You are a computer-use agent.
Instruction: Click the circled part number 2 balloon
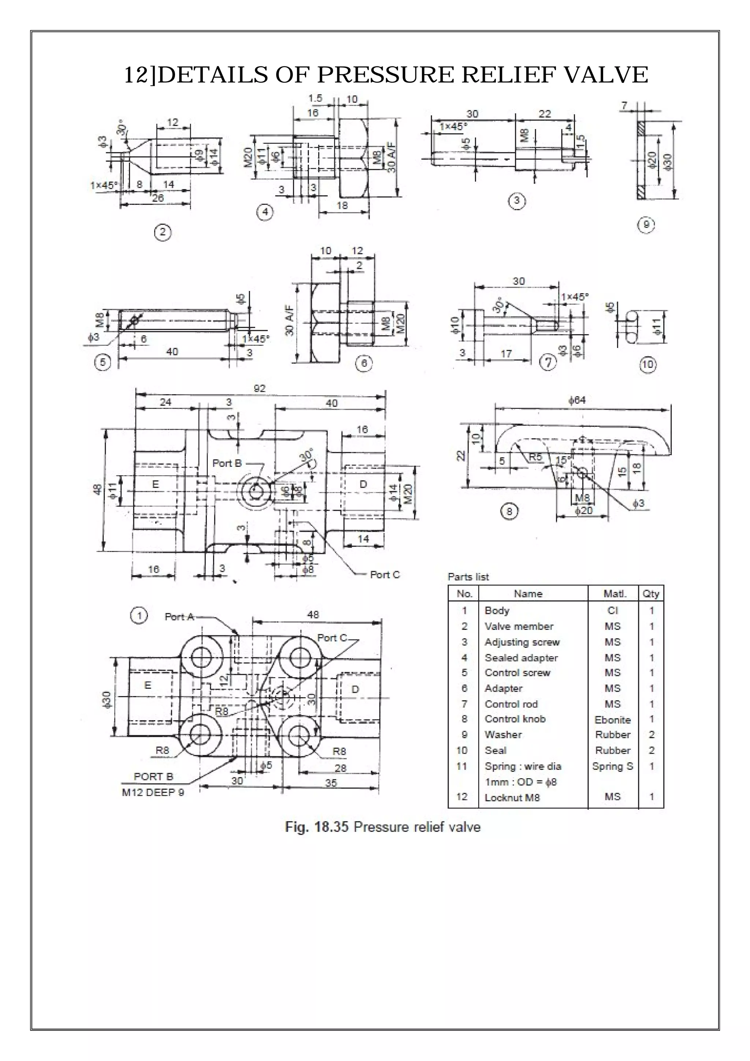click(163, 232)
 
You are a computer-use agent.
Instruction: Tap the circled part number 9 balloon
click(646, 225)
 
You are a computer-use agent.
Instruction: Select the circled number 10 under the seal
click(647, 365)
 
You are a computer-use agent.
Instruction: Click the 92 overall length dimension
click(260, 389)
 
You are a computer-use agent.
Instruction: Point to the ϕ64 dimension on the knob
click(577, 400)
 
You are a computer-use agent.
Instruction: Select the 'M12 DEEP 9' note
click(153, 792)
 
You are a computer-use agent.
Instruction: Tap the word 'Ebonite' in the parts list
click(612, 720)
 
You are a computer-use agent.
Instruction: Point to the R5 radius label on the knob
click(536, 457)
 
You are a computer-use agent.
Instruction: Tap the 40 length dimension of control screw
click(172, 352)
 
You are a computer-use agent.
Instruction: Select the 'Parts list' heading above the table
click(468, 577)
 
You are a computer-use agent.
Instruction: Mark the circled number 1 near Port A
click(138, 616)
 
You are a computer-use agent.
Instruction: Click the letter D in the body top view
click(355, 690)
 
